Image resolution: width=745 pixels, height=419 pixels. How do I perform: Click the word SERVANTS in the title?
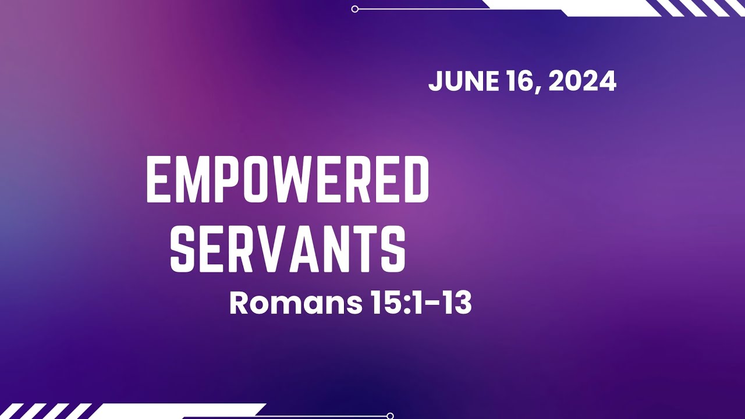click(288, 250)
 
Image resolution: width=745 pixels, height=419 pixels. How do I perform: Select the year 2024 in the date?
click(582, 81)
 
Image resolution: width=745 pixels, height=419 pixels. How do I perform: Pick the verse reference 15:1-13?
click(420, 303)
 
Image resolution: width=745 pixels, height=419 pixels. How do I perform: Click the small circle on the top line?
click(355, 9)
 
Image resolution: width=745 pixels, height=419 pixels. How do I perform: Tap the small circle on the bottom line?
click(390, 416)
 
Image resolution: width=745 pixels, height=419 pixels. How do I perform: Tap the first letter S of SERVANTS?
click(182, 250)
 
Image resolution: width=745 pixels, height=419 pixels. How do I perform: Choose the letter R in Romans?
click(240, 303)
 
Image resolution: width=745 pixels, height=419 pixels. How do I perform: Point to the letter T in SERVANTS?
click(367, 250)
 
